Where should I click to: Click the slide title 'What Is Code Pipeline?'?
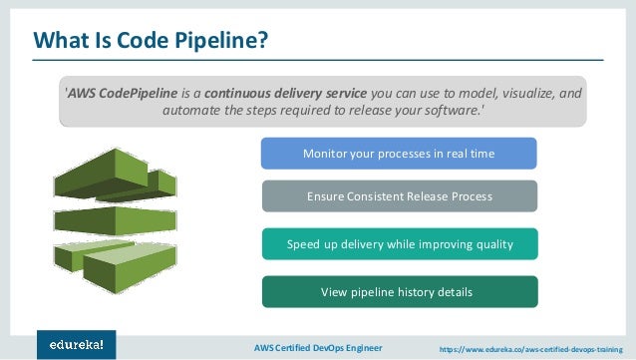point(151,41)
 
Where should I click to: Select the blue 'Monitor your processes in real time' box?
point(399,154)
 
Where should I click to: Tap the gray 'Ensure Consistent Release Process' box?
point(399,196)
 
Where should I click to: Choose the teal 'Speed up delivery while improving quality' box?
point(399,244)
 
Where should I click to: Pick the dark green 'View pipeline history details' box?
point(399,292)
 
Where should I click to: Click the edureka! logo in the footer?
point(76,344)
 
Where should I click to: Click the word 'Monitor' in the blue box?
point(327,154)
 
